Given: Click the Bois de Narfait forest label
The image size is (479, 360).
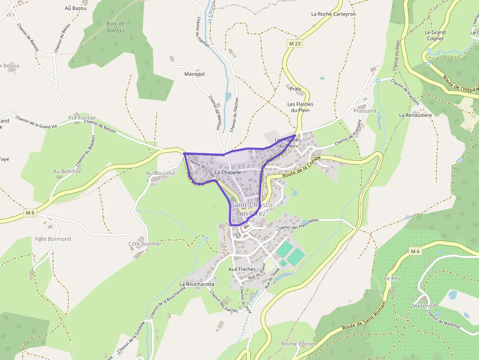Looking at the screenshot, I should (x=116, y=27).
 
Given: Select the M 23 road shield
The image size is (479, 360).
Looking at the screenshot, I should (x=295, y=43).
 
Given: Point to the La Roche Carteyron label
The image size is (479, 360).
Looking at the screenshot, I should (x=333, y=14).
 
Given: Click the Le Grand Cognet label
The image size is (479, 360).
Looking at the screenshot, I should (x=435, y=35).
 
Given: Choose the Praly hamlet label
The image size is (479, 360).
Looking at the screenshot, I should (x=295, y=89).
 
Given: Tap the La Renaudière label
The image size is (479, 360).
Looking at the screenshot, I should (x=415, y=115).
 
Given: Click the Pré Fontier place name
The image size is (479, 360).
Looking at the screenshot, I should (x=82, y=118).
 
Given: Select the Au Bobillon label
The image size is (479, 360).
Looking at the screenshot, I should (x=67, y=171).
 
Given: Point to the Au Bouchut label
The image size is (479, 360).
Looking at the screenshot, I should (x=161, y=173).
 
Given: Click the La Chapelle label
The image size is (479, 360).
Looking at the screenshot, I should (x=228, y=172).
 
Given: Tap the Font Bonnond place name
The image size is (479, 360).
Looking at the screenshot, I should (x=53, y=239).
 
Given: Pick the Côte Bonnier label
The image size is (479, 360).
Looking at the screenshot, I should (x=145, y=243).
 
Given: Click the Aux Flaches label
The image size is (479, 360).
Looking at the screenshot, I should (x=242, y=269).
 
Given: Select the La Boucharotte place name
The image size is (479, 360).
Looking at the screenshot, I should (x=197, y=284).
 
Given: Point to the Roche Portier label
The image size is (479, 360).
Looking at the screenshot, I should (x=298, y=344).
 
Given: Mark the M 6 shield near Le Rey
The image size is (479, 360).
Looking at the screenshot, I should (x=415, y=251).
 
